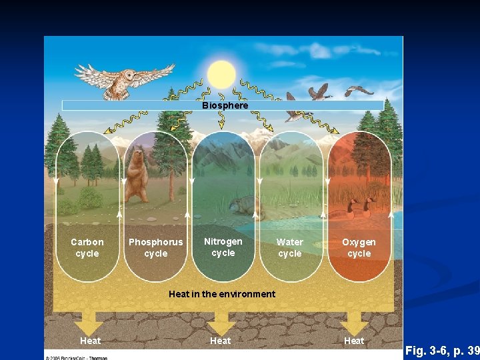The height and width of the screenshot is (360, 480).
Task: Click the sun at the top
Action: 221,74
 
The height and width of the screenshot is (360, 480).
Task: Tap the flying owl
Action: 124,78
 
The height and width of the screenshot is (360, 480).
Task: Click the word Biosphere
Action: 225,105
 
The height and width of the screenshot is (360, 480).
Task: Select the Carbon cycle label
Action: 87,248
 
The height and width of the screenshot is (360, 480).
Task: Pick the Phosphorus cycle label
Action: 155,248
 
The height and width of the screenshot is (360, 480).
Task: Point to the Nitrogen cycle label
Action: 223,247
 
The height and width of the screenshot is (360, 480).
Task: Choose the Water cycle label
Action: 289,248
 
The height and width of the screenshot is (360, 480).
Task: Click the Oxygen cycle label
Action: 359,248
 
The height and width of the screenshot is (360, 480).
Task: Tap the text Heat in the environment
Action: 222,294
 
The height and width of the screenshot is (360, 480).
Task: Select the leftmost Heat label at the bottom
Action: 91,341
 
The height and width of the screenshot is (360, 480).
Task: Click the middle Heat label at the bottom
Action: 221,341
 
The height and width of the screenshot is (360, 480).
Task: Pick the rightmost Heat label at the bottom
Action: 354,341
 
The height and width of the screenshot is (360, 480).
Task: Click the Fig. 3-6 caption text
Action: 442,351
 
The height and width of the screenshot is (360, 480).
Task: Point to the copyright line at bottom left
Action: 76,357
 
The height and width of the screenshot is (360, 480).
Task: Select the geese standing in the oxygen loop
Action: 360,208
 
